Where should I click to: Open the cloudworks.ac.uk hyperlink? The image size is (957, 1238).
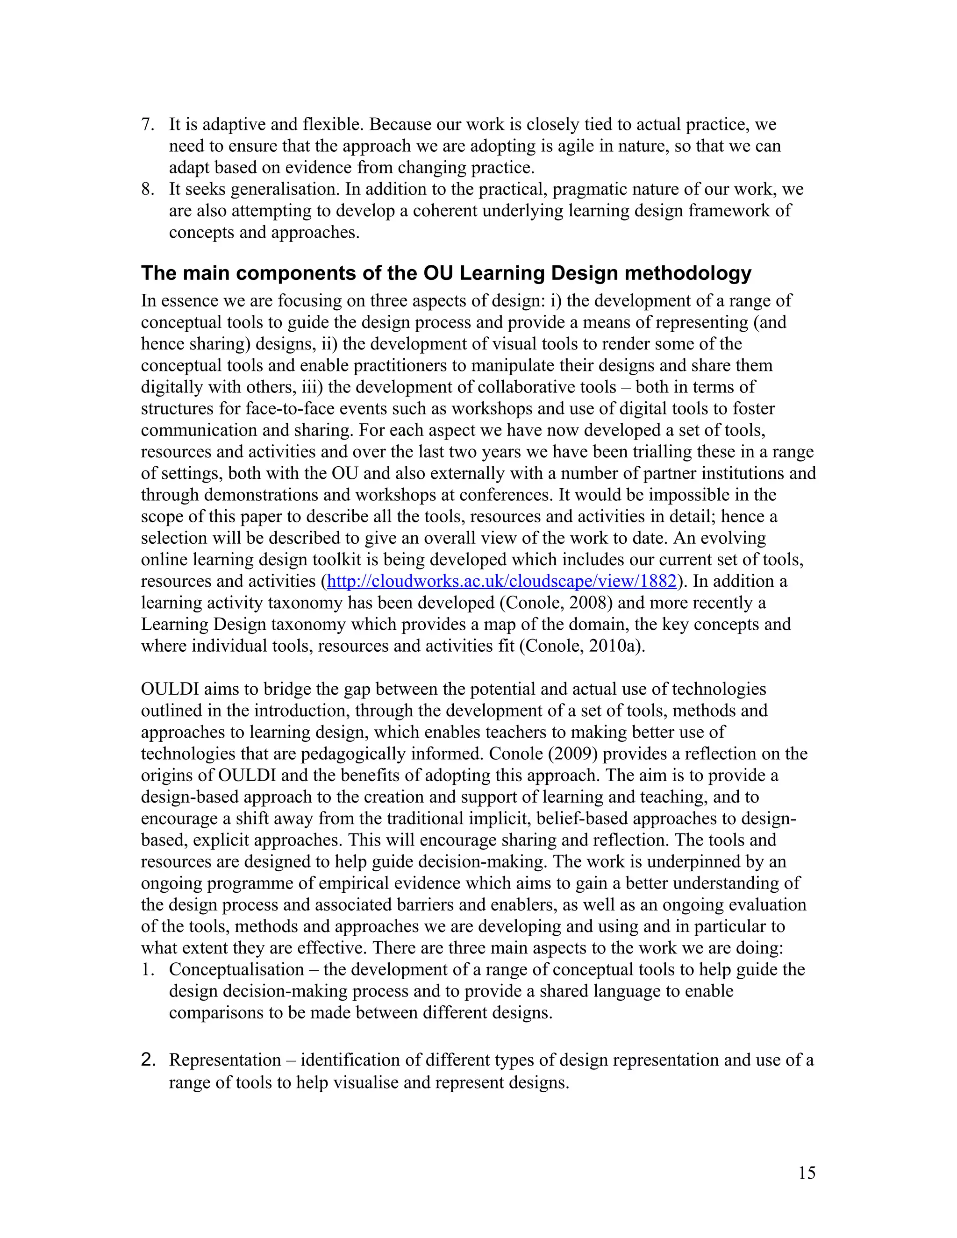click(502, 581)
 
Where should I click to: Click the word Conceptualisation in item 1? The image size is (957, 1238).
click(236, 969)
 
